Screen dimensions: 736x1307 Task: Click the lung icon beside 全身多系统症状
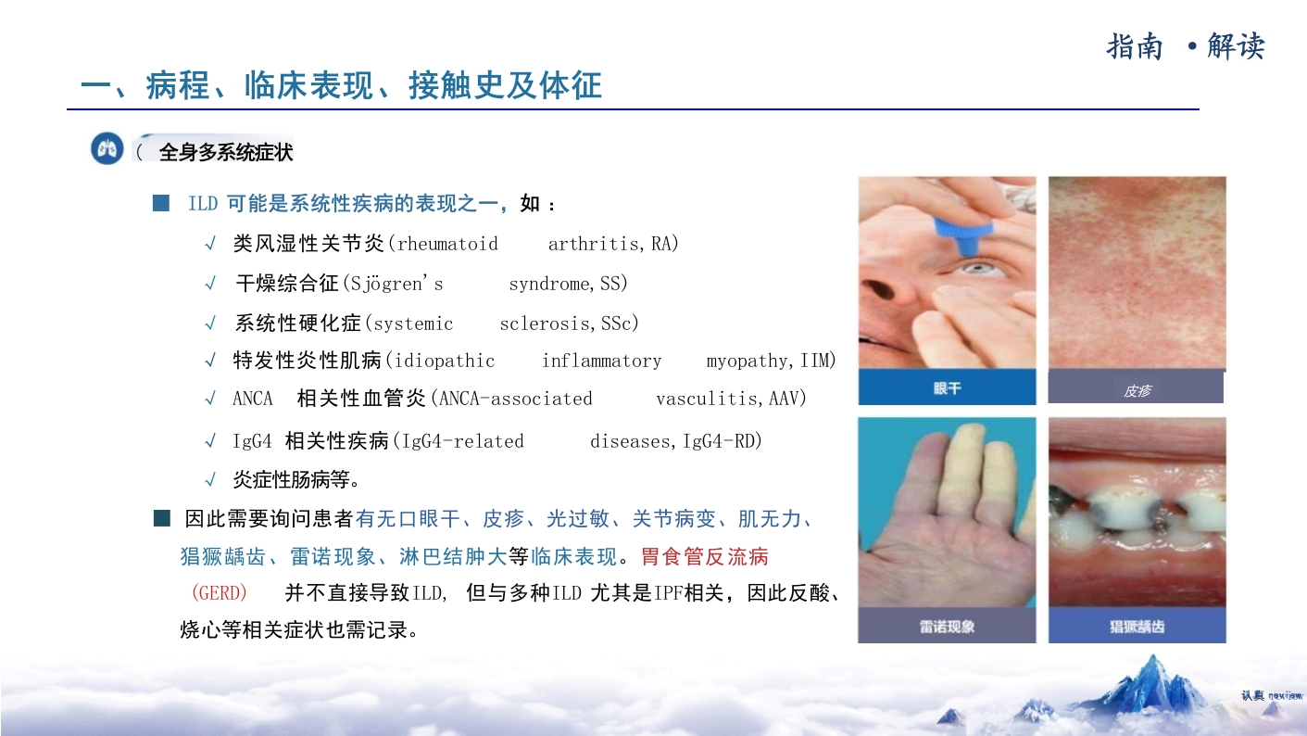click(107, 148)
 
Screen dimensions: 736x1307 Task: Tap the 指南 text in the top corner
click(1135, 46)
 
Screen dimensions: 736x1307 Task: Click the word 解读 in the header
click(1236, 46)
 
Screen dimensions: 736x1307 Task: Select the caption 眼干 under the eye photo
click(947, 388)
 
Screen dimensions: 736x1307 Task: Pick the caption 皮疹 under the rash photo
click(1137, 391)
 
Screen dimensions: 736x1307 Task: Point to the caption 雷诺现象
click(947, 627)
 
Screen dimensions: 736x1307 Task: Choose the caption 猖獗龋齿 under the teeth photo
click(1137, 627)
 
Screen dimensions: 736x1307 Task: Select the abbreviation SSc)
click(620, 324)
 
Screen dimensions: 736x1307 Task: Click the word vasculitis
click(710, 399)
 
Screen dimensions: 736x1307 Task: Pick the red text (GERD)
click(219, 593)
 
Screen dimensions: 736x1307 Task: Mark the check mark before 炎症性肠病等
click(210, 480)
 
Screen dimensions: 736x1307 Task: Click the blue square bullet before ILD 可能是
click(161, 203)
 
